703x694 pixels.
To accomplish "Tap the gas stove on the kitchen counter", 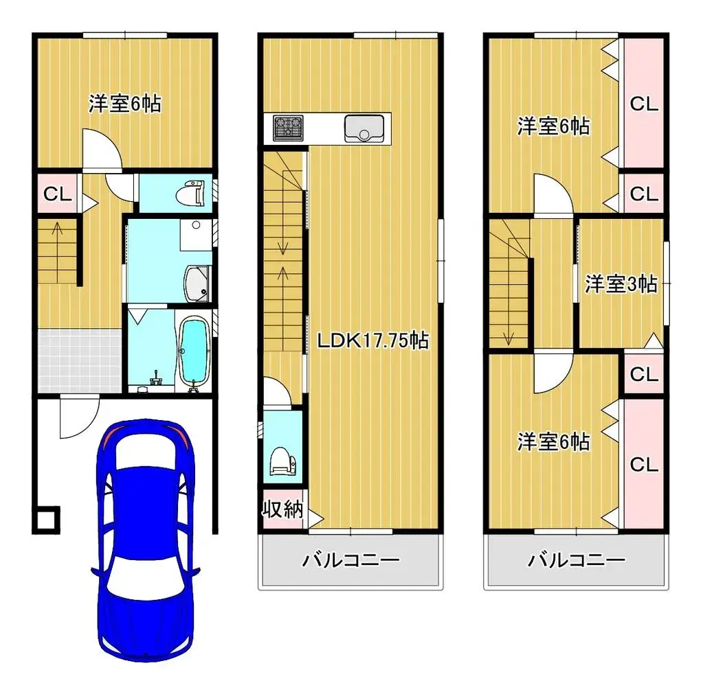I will click(x=288, y=128).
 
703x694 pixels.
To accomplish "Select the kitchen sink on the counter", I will click(x=364, y=128).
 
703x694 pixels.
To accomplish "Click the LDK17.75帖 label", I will click(x=373, y=340).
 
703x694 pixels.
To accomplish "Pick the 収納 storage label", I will click(x=282, y=509).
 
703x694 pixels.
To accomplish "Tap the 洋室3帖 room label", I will click(x=621, y=284).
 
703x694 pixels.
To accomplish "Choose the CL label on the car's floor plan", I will click(x=58, y=194).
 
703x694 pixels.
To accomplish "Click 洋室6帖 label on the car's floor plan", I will click(x=124, y=104).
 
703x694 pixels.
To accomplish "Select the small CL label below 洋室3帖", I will click(x=645, y=374).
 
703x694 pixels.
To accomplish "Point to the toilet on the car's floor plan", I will click(x=190, y=193).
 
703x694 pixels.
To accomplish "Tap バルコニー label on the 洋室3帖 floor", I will click(x=577, y=561).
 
